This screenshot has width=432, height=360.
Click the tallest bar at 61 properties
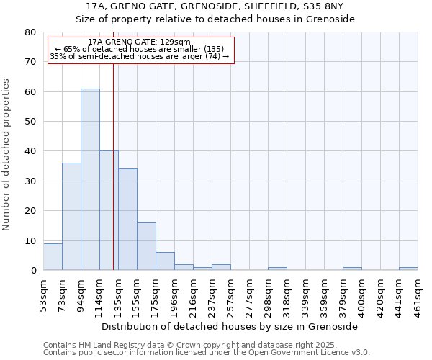(90, 180)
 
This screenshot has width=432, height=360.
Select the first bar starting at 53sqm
(53, 257)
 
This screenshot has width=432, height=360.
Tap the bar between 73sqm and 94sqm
(71, 217)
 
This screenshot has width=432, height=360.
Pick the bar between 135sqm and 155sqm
(127, 220)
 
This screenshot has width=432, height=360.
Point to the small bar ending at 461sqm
(408, 269)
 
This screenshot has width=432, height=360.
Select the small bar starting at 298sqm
(277, 269)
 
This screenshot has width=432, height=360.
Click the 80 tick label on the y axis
(30, 32)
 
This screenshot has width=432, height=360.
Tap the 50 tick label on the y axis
(30, 122)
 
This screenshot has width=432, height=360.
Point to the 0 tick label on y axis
(33, 271)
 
